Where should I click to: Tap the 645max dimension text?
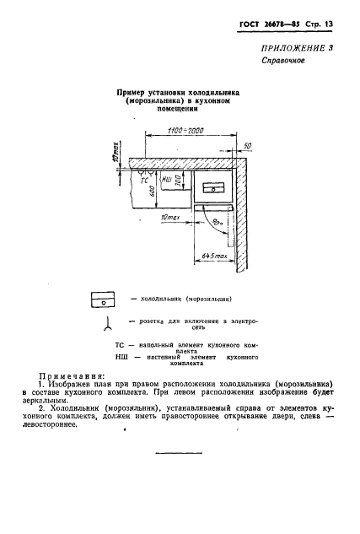click(x=215, y=255)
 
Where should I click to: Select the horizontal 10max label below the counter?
click(x=169, y=218)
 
